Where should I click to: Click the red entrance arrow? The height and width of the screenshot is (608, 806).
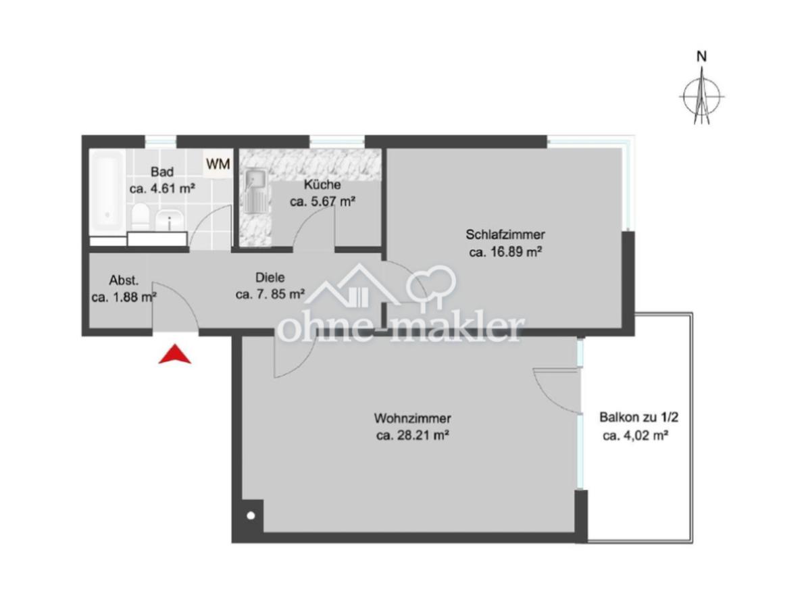click(174, 355)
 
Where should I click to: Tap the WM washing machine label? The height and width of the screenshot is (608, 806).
click(218, 163)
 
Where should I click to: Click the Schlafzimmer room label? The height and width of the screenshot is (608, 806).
click(505, 235)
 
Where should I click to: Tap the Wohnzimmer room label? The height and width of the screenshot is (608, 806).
click(412, 418)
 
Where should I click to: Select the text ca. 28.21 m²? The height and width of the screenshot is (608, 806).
click(412, 436)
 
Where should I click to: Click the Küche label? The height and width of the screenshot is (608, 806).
click(322, 184)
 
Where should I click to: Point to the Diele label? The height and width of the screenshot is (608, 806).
click(270, 277)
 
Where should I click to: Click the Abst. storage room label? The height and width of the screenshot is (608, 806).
click(124, 280)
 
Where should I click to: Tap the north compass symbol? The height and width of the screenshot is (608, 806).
click(702, 97)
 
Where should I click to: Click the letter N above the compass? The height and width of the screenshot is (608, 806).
click(702, 57)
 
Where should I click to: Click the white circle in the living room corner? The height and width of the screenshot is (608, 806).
click(251, 517)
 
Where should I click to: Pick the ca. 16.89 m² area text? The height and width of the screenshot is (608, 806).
click(506, 253)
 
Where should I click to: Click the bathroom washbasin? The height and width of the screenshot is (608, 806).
click(169, 220)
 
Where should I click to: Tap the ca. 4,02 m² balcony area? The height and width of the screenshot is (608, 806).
click(635, 436)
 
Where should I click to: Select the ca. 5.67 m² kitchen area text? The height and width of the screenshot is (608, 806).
click(322, 201)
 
